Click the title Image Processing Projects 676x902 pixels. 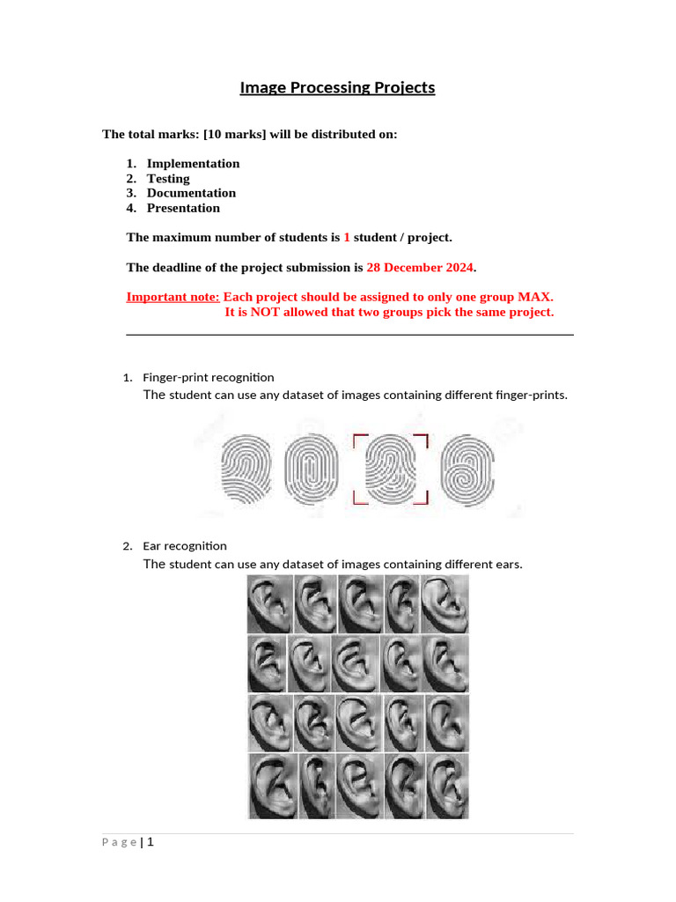[x=338, y=88]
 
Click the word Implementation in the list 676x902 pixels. [x=193, y=164]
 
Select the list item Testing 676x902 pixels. [x=168, y=179]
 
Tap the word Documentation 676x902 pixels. [x=191, y=193]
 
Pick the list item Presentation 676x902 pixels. [x=183, y=208]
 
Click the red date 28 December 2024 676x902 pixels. [x=420, y=267]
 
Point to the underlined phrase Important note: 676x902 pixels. [x=173, y=297]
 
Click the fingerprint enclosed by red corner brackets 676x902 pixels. [x=390, y=469]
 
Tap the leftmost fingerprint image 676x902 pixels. [x=248, y=469]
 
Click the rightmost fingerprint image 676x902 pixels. [x=467, y=469]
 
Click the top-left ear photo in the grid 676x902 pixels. [x=268, y=604]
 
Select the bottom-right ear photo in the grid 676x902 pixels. [x=446, y=786]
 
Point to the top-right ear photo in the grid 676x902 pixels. [x=445, y=604]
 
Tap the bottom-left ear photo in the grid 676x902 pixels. [x=272, y=786]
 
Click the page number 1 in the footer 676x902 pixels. [x=151, y=842]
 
